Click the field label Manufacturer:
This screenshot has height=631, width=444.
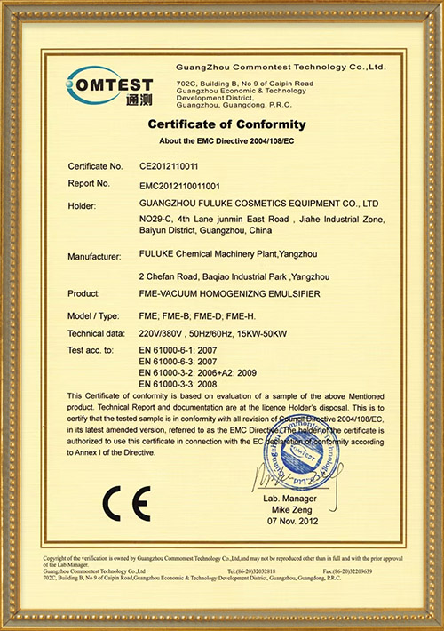(94, 256)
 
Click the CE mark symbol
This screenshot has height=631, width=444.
(120, 504)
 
